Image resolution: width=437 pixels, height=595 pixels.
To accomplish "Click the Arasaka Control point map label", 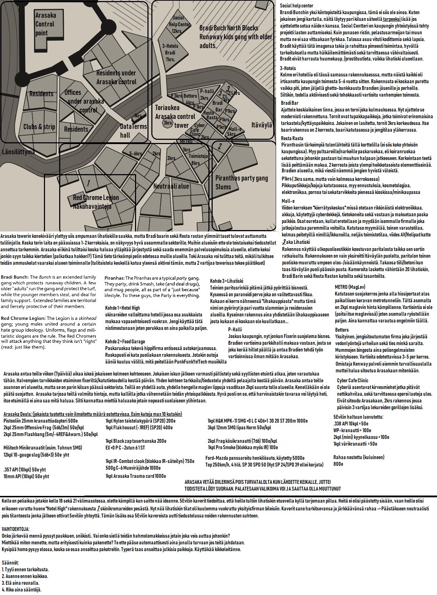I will click(x=45, y=24).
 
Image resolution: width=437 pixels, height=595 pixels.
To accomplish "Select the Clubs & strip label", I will click(x=39, y=127).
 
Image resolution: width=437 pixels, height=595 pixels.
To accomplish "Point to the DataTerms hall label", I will click(x=133, y=131).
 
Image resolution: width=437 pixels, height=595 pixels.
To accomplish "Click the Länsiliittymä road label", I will click(x=19, y=152).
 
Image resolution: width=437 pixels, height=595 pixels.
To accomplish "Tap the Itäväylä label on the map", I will click(x=262, y=125).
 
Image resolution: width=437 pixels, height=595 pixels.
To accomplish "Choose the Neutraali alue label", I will click(x=171, y=186).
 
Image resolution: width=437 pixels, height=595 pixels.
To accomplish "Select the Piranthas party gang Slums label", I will click(x=241, y=182).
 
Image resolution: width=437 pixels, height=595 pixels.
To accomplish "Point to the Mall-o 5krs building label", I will click(x=235, y=131).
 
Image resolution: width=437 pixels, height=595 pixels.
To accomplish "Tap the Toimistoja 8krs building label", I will click(x=198, y=159).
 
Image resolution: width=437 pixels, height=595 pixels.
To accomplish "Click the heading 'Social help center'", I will click(x=296, y=6).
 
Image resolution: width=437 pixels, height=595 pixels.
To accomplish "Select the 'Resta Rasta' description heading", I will click(x=292, y=138).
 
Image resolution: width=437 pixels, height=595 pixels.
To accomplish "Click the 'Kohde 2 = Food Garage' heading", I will click(x=125, y=342).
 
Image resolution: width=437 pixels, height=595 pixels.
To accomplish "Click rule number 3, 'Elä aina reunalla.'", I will click(x=21, y=583).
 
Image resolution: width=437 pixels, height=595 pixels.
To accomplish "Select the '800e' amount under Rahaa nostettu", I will click(x=338, y=464).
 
